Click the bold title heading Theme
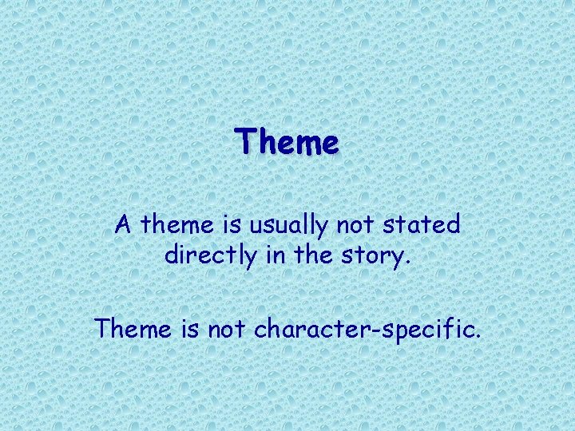click(x=287, y=144)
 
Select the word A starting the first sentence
click(x=123, y=225)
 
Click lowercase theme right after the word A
click(x=176, y=225)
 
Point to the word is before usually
click(x=231, y=225)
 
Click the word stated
click(x=423, y=225)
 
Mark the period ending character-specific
click(x=477, y=335)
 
